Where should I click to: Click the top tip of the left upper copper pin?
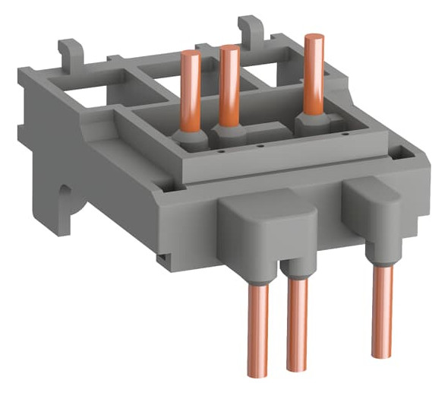(191, 54)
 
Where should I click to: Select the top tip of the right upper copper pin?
(312, 37)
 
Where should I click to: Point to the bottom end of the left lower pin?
(259, 372)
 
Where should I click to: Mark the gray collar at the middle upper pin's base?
(229, 131)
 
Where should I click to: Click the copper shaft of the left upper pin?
(191, 91)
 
